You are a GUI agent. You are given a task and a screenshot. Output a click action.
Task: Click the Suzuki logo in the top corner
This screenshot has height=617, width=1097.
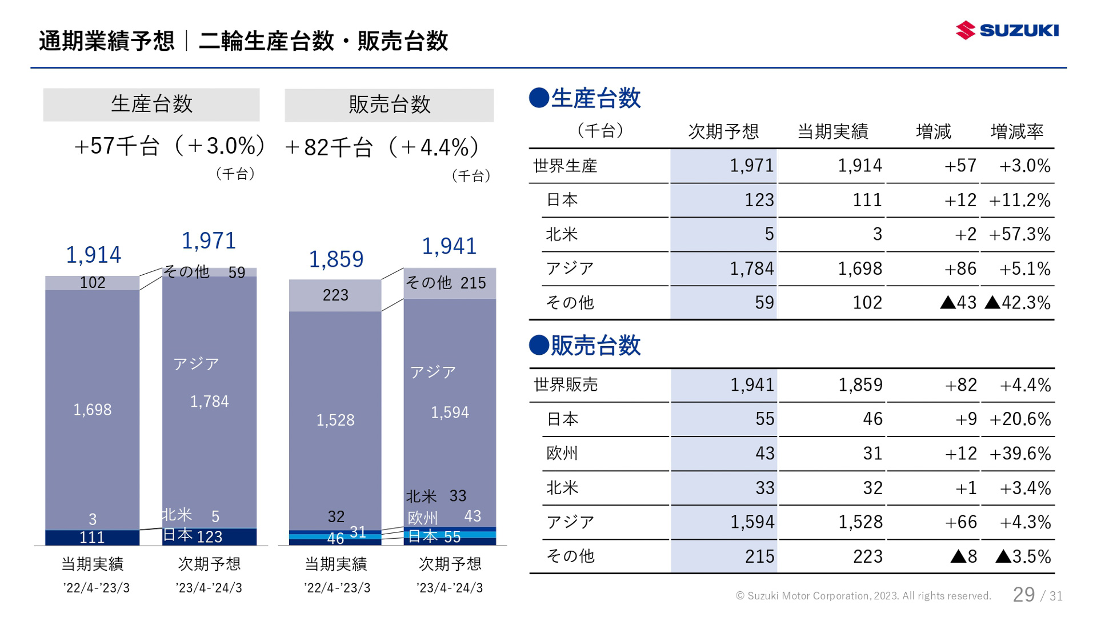click(1007, 30)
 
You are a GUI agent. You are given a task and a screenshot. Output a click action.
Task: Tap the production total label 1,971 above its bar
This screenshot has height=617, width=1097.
click(209, 241)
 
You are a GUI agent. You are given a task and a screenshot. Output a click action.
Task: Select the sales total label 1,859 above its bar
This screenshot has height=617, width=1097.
click(336, 259)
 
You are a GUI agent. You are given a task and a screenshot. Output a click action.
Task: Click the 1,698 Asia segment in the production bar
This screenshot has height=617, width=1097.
click(93, 410)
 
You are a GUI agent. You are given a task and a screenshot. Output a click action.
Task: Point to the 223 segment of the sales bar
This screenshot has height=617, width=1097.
click(335, 295)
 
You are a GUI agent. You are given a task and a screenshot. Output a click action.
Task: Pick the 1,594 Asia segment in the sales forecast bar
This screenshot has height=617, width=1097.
click(450, 412)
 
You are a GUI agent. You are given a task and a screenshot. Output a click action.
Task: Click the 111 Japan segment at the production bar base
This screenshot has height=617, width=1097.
click(92, 538)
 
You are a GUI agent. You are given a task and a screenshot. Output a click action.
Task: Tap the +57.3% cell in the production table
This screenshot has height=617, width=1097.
click(1019, 234)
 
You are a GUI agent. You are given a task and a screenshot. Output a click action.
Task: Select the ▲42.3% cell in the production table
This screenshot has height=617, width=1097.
click(1018, 303)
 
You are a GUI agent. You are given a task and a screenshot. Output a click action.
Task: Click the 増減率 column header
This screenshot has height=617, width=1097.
click(1016, 132)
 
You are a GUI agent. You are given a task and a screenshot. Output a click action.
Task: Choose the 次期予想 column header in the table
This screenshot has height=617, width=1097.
click(723, 132)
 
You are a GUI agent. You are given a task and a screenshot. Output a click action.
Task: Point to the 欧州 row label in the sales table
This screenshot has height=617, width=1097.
click(562, 454)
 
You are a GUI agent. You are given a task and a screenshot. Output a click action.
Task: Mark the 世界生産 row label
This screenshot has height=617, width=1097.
click(565, 166)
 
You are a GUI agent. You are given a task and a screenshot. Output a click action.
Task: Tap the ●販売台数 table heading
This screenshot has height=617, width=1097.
click(585, 346)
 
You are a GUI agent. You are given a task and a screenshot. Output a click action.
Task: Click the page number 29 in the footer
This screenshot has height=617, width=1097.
click(1023, 595)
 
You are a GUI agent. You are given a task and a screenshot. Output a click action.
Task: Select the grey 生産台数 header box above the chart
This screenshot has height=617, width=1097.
click(151, 105)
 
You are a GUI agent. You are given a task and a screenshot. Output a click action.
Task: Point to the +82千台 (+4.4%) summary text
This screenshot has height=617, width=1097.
click(381, 148)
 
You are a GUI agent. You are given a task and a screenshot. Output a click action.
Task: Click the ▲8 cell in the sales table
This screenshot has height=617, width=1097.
click(963, 556)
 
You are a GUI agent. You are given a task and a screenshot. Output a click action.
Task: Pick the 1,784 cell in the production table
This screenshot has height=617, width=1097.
click(751, 269)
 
